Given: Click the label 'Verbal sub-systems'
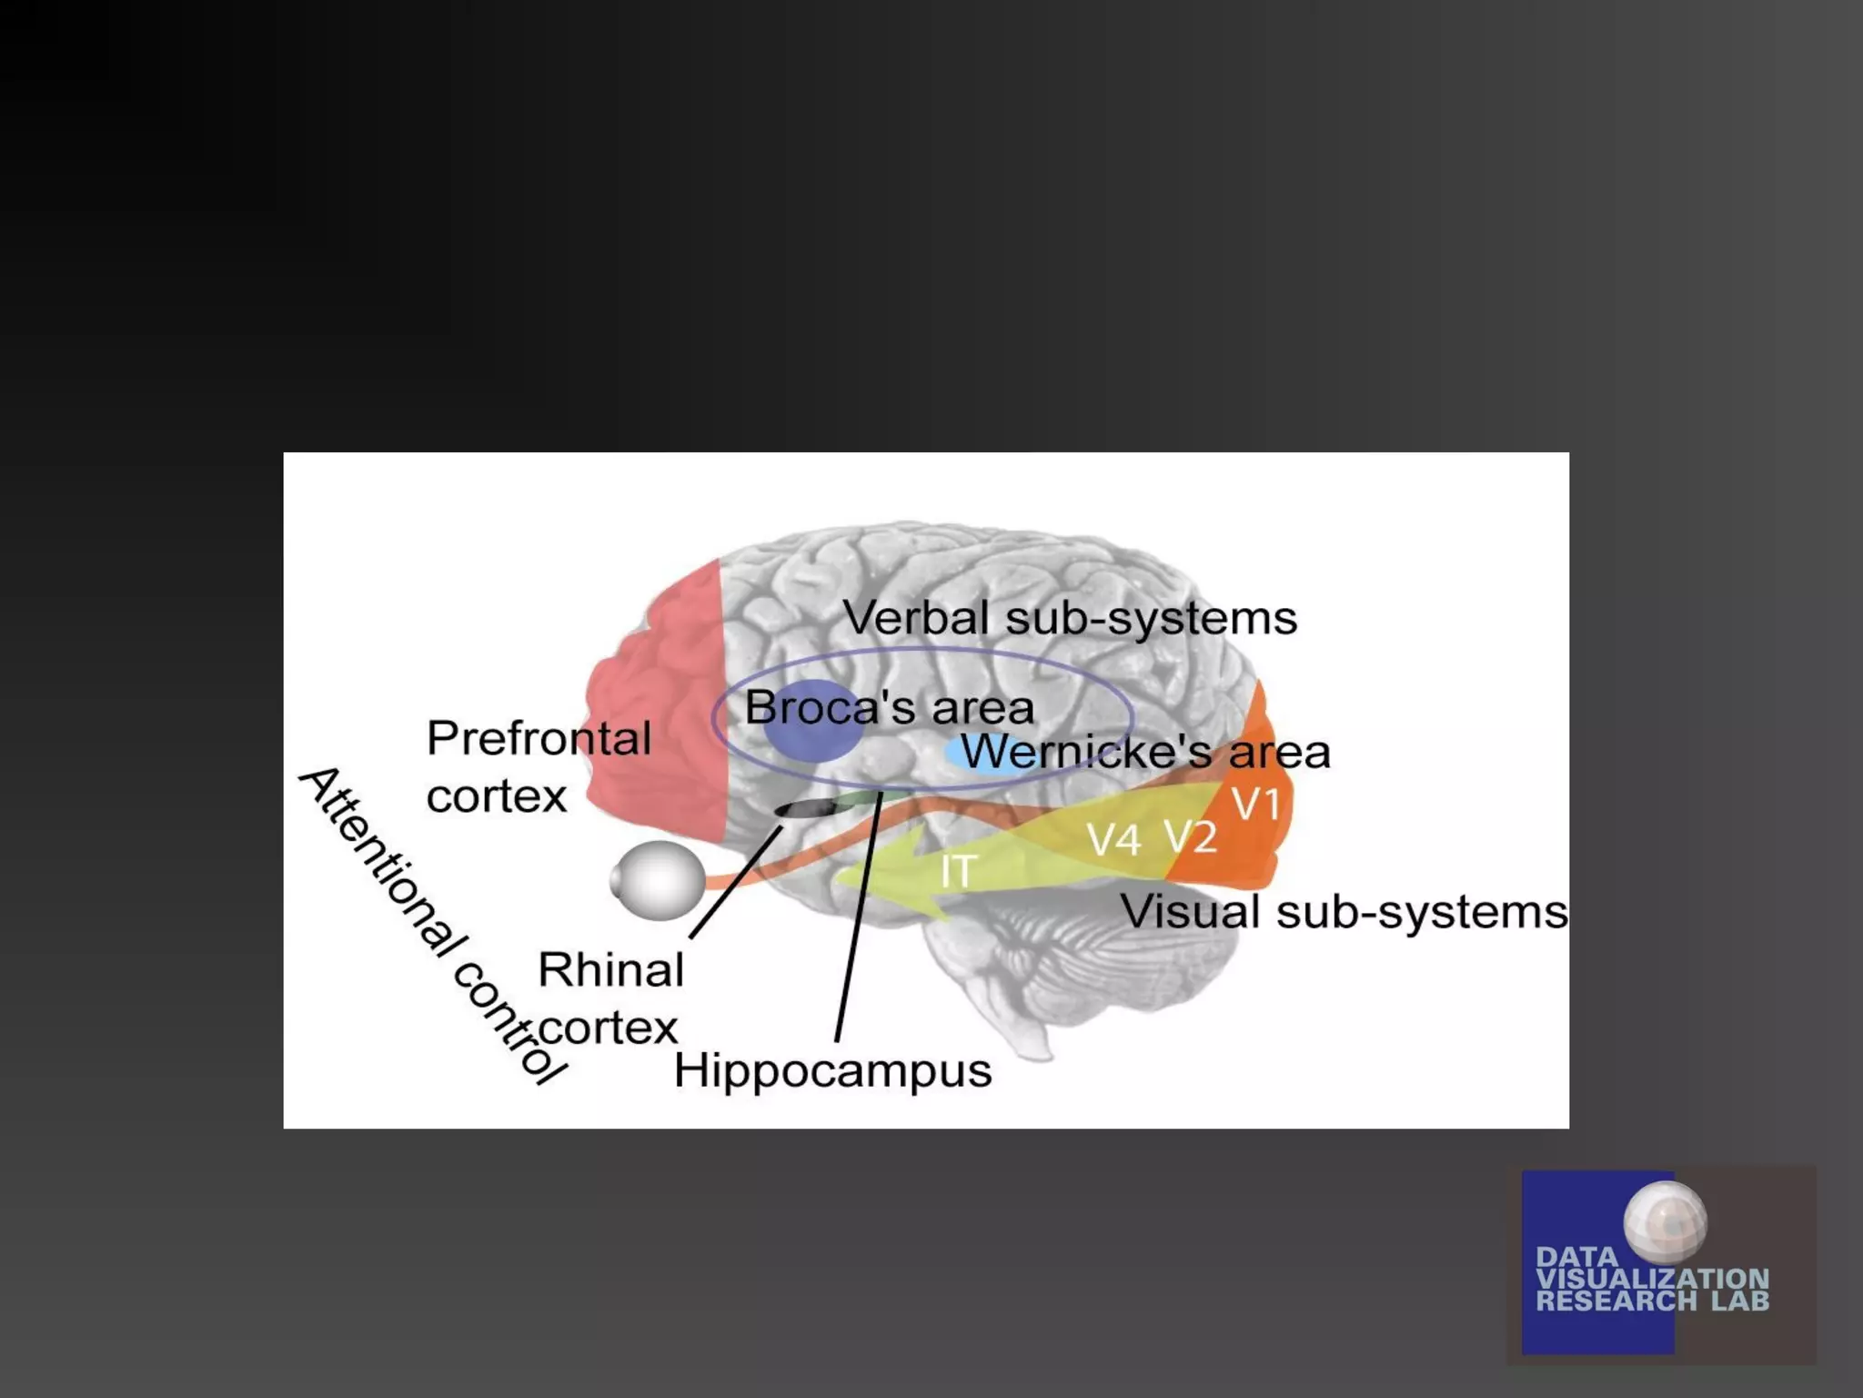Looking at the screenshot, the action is [x=1070, y=619].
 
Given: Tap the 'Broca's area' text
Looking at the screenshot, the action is [x=889, y=708].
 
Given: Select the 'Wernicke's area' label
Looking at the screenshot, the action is [x=1145, y=753].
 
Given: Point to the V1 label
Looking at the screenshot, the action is [x=1256, y=805].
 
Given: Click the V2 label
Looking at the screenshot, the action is [x=1191, y=836].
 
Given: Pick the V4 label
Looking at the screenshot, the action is [x=1114, y=840].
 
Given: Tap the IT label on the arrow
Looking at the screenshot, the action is [x=958, y=872].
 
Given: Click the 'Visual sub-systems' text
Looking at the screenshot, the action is [x=1344, y=912].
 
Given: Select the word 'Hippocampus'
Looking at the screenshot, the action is [x=832, y=1070].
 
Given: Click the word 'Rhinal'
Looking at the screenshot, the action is [x=610, y=970].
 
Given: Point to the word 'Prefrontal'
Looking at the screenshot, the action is [x=539, y=738].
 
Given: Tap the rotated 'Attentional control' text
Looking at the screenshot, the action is [x=431, y=924].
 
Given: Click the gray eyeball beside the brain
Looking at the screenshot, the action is [x=659, y=880].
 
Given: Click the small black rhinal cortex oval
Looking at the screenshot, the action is [x=804, y=808].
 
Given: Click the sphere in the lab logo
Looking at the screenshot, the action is [x=1665, y=1222].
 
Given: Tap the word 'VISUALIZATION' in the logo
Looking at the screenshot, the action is [x=1652, y=1279].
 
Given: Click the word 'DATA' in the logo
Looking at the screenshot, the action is [x=1576, y=1257].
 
